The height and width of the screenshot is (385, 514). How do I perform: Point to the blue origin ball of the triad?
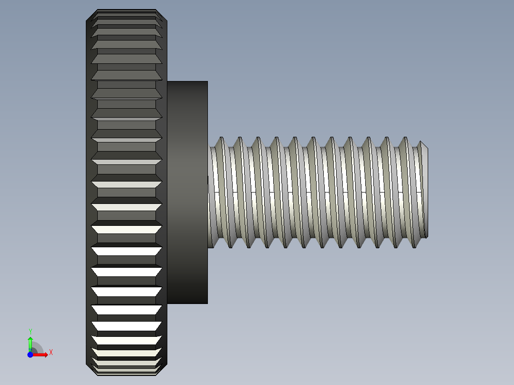tap(30, 355)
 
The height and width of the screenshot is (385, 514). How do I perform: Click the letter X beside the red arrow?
tap(51, 353)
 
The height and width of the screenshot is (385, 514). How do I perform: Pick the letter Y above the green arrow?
tap(30, 331)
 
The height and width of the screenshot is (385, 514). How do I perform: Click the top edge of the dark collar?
tap(187, 81)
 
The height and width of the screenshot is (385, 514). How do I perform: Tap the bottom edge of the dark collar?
tap(187, 303)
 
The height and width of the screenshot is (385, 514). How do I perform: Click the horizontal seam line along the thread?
tap(315, 192)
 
